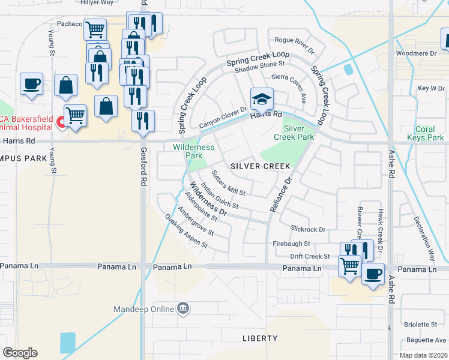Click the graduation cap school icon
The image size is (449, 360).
click(262, 97)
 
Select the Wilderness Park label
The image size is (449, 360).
click(193, 151)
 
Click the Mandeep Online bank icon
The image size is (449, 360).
click(184, 310)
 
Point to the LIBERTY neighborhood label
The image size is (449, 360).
click(260, 338)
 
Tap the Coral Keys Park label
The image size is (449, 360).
click(430, 133)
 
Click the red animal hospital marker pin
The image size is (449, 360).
click(61, 123)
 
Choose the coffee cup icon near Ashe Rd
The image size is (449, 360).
click(373, 274)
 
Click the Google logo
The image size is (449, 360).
click(20, 353)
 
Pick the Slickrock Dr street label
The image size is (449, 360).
click(307, 229)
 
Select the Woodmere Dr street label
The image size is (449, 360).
click(416, 53)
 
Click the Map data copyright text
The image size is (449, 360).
click(424, 355)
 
